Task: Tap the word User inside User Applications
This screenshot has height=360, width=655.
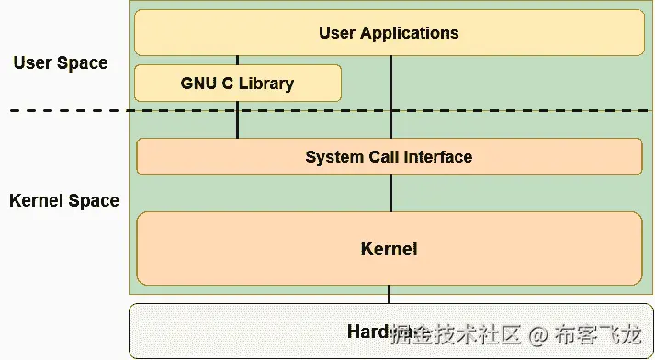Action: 337,33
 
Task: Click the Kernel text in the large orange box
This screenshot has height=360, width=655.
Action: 389,249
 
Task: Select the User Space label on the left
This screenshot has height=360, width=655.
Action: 61,63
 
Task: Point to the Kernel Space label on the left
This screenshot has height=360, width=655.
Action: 64,200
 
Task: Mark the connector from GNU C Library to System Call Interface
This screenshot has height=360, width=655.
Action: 238,120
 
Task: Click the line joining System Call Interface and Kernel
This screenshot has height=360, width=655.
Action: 390,193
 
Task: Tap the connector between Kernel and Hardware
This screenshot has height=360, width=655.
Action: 390,294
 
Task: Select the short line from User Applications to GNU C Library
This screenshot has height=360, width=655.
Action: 238,60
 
